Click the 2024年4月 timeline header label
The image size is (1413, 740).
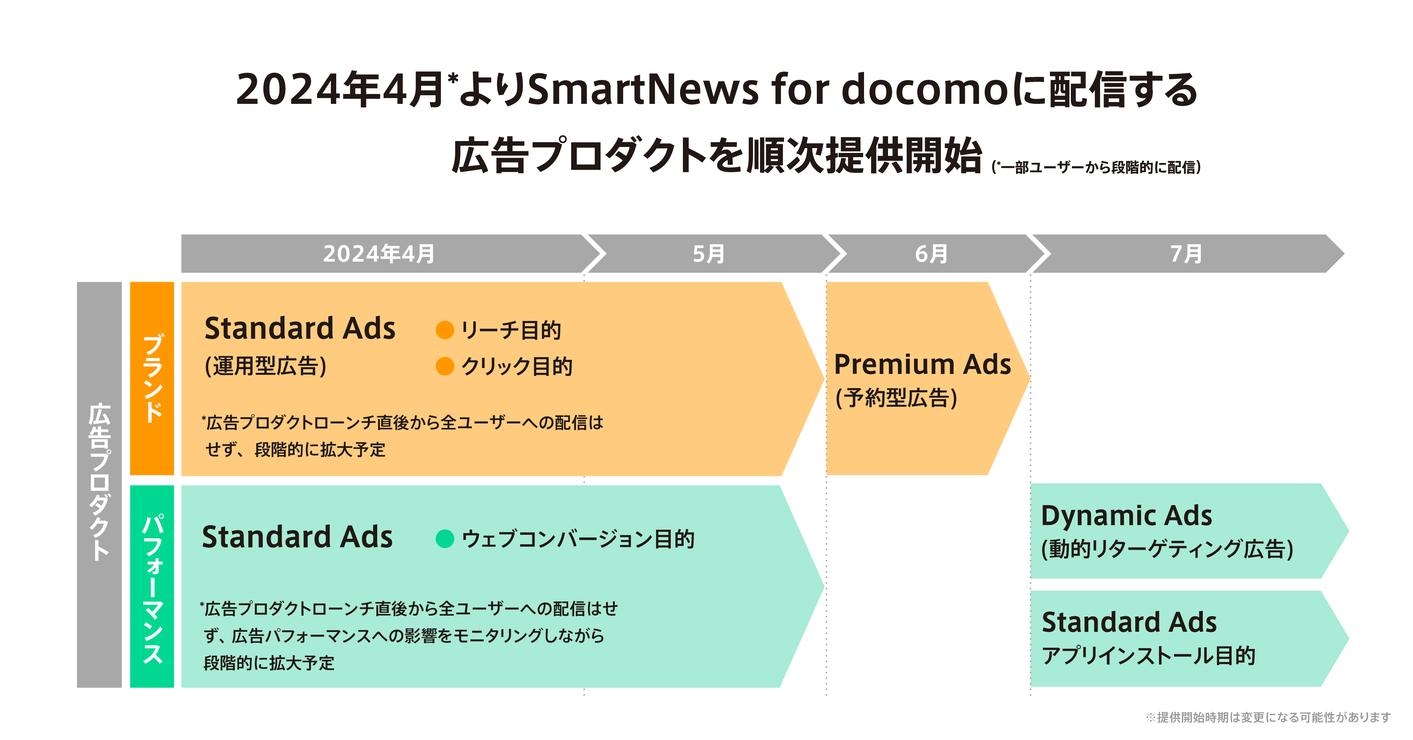pyautogui.click(x=379, y=254)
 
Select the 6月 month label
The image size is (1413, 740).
pyautogui.click(x=931, y=254)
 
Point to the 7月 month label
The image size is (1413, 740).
pyautogui.click(x=1186, y=254)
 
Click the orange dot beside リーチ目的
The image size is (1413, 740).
pyautogui.click(x=444, y=330)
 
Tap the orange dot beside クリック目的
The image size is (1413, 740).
pyautogui.click(x=444, y=366)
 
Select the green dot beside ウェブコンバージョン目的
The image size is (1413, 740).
pyautogui.click(x=444, y=539)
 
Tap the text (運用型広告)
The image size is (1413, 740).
pyautogui.click(x=266, y=366)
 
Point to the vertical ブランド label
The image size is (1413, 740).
pyautogui.click(x=153, y=378)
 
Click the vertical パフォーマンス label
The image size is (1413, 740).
pyautogui.click(x=153, y=588)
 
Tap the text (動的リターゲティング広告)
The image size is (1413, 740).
pyautogui.click(x=1167, y=549)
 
